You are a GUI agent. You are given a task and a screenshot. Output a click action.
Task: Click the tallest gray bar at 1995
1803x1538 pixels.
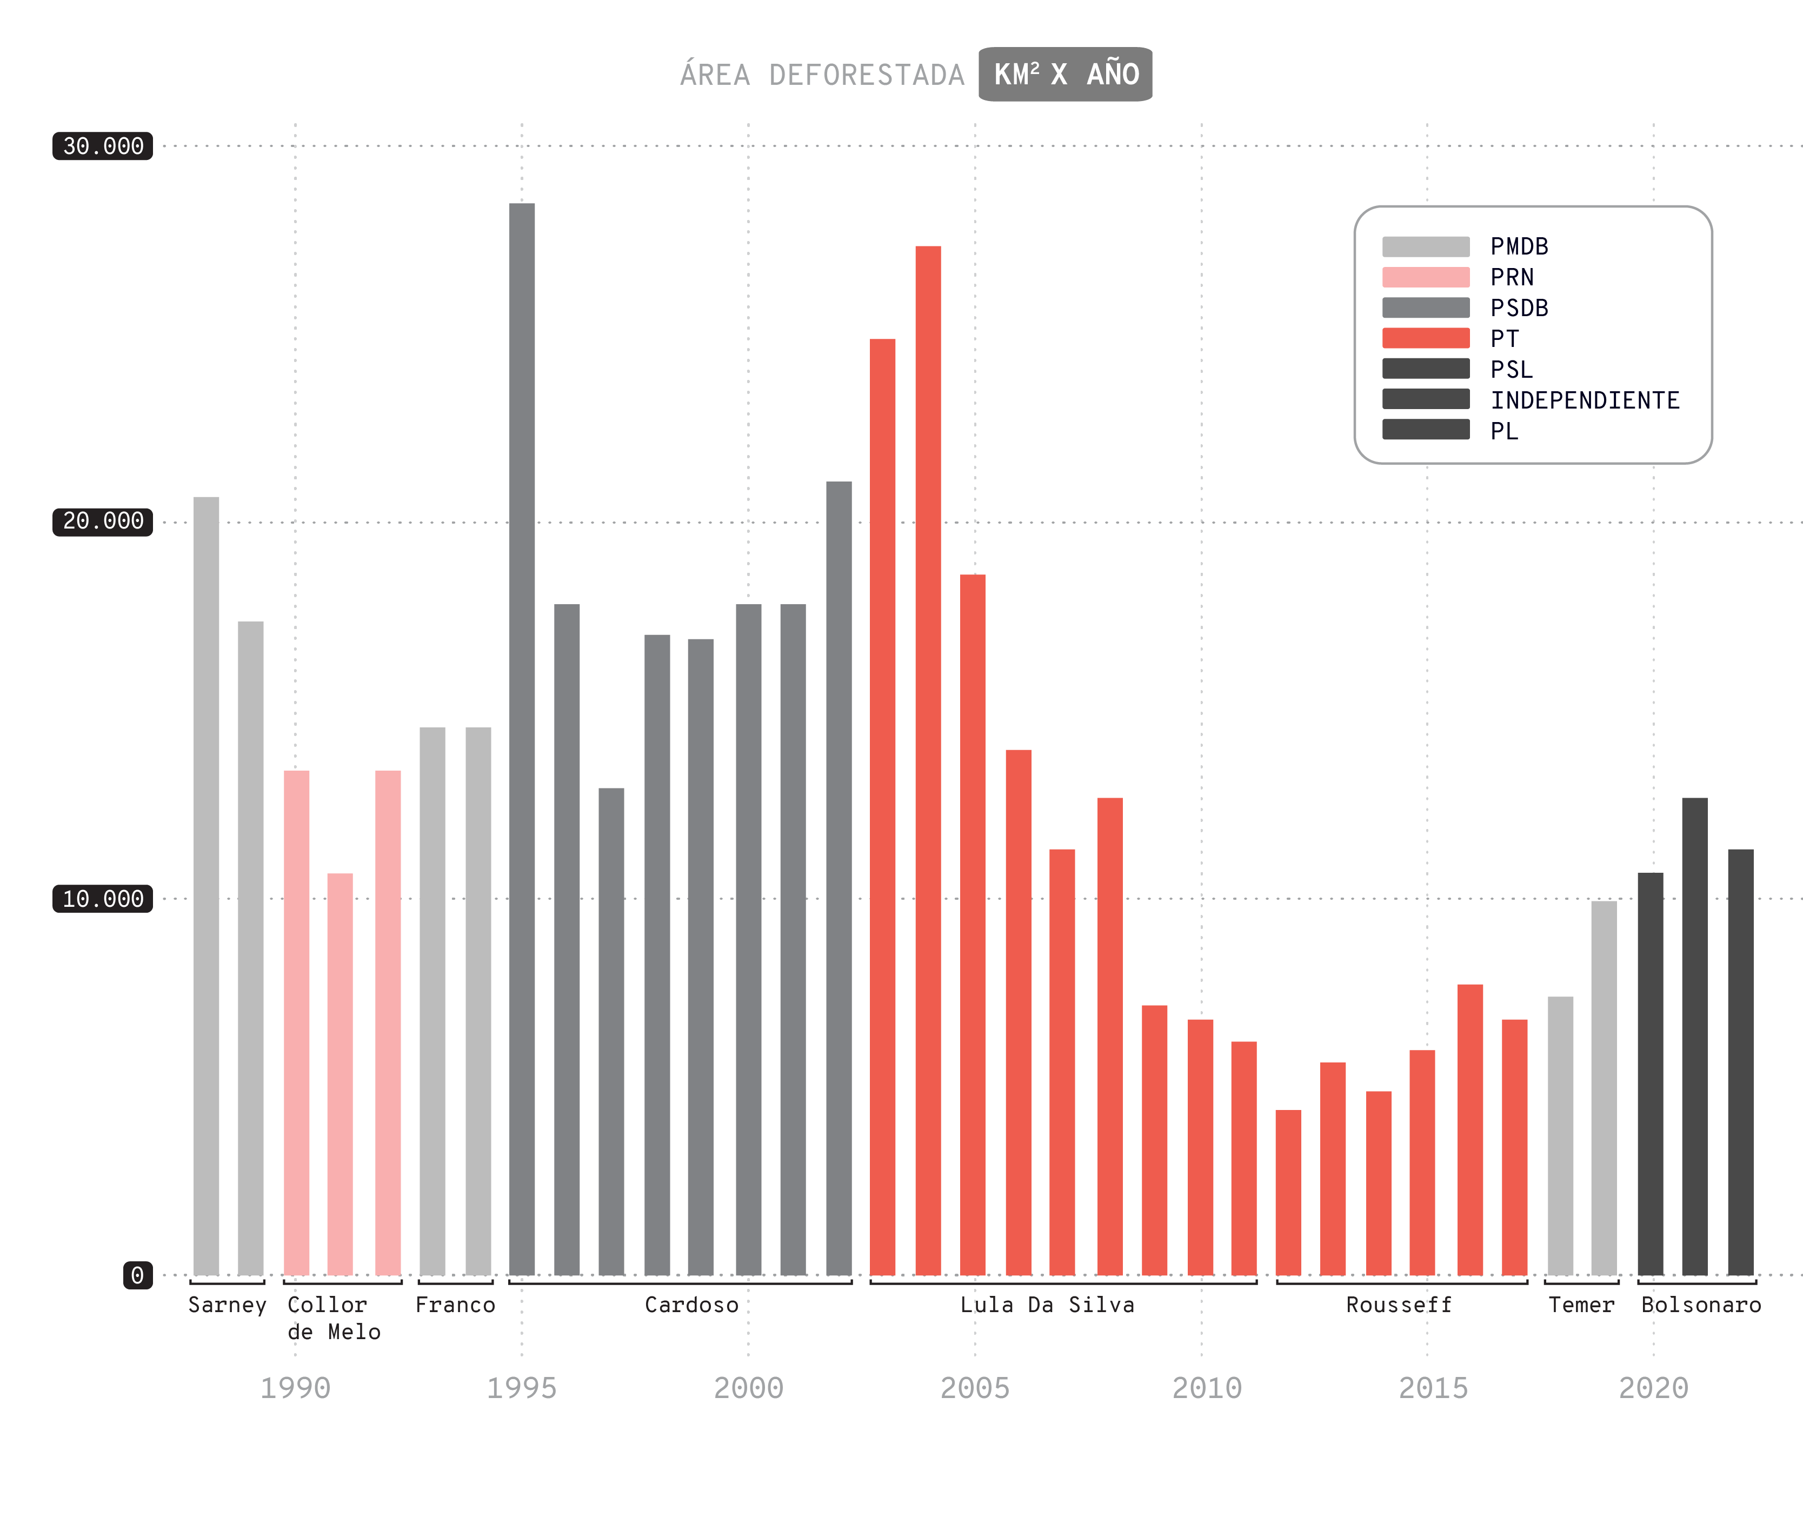[x=522, y=739]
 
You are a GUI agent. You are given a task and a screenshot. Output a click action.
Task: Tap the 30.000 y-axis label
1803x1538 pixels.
[x=103, y=146]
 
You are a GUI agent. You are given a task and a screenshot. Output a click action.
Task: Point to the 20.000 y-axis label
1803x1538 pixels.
[x=103, y=521]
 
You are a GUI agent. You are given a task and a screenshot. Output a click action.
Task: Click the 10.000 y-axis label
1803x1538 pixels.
[x=103, y=899]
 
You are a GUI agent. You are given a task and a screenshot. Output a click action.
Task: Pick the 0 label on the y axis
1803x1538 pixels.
[x=137, y=1275]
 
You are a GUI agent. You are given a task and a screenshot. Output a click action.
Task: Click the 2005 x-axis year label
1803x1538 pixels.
[x=975, y=1388]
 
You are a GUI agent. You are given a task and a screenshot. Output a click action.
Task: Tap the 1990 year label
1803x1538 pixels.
[x=295, y=1388]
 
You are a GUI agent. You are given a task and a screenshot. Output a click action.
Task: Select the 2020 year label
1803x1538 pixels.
[x=1653, y=1388]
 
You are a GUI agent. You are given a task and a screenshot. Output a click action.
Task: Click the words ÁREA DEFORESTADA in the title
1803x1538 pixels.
[x=822, y=75]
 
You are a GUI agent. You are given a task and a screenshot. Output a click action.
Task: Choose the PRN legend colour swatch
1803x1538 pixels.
[x=1425, y=278]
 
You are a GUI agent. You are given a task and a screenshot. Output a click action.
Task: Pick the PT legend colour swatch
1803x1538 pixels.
[x=1425, y=338]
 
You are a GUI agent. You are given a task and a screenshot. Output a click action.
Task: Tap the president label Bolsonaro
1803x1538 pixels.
[x=1701, y=1305]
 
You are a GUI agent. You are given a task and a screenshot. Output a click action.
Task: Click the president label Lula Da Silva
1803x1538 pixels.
[x=1047, y=1305]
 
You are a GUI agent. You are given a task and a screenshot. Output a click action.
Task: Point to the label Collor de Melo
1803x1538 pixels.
[x=333, y=1318]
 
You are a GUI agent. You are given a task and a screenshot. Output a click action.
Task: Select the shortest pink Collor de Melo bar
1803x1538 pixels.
[x=340, y=1074]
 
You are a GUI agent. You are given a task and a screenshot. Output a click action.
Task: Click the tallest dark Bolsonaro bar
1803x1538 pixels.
[x=1694, y=1035]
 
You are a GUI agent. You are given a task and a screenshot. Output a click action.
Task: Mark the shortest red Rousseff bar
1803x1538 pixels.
[x=1288, y=1192]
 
